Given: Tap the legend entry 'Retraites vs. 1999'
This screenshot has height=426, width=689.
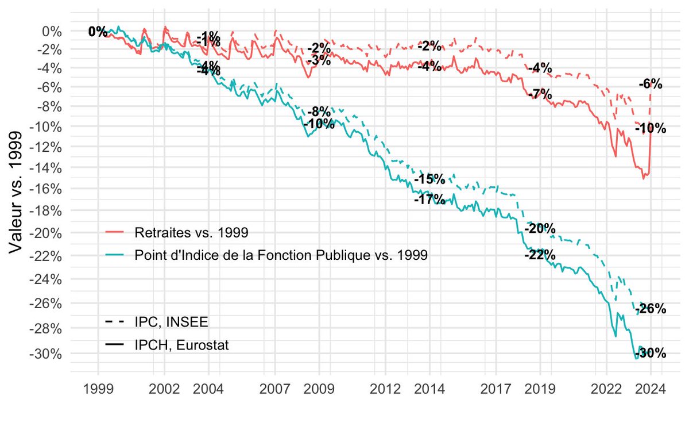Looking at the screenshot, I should coord(191,233).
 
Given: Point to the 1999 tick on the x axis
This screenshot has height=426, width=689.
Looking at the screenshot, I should coord(98,389).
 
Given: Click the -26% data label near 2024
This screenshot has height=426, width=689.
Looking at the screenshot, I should coord(652,309).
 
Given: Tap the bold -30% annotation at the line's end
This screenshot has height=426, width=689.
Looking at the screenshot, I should coord(652,353).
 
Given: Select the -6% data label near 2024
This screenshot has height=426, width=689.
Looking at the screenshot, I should coord(650,85).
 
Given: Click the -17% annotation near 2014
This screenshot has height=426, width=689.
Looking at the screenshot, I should coord(429,199).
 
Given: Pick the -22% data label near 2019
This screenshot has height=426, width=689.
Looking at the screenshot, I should coord(540,255).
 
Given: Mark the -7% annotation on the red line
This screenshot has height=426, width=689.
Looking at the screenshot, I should coord(540,94).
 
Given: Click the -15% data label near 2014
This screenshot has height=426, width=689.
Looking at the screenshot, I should coord(429,179).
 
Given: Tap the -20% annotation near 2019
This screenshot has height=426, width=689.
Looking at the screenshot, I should coord(540,228).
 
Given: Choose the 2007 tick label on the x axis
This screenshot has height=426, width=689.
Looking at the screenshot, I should coord(274,389).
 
